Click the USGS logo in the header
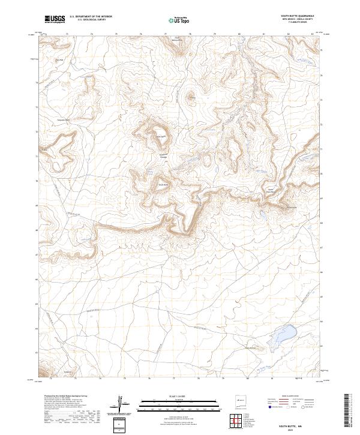pyautogui.click(x=55, y=19)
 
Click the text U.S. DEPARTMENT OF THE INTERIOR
pyautogui.click(x=91, y=17)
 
